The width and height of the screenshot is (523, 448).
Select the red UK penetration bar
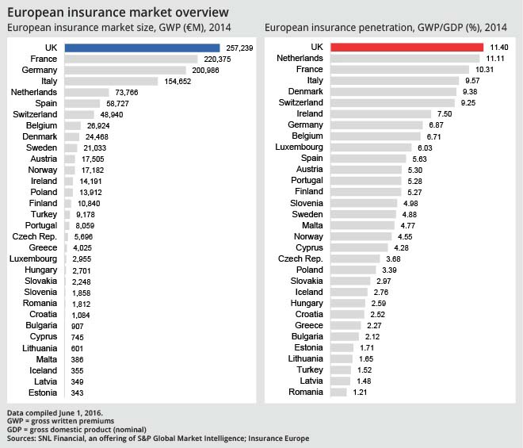click(x=404, y=48)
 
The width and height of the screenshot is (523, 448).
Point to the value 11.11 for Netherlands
click(x=494, y=59)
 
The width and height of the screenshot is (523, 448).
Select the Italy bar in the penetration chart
click(x=394, y=81)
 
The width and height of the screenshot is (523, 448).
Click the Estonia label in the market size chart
click(x=42, y=392)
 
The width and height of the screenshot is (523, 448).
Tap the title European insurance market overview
click(x=119, y=13)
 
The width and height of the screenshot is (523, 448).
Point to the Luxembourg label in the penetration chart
click(x=300, y=147)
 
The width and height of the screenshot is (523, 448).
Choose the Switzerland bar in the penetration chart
click(x=391, y=103)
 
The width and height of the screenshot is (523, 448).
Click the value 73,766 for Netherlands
click(x=127, y=92)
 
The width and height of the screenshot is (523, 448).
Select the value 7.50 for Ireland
click(x=445, y=114)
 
